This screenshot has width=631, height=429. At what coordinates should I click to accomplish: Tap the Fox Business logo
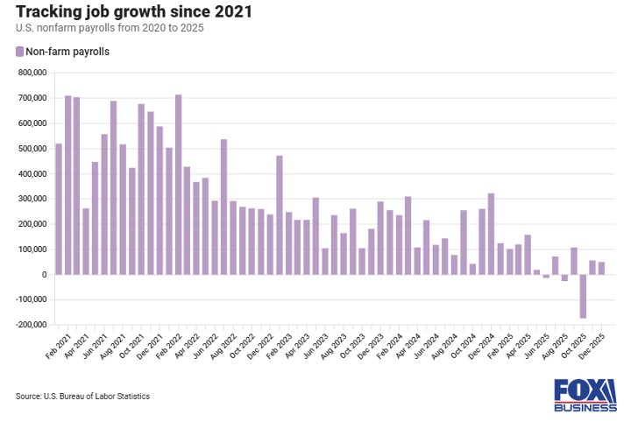tap(585, 396)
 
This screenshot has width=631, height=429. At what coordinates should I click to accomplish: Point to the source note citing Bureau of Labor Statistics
tap(82, 397)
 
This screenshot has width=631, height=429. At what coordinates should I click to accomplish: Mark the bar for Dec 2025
tap(601, 268)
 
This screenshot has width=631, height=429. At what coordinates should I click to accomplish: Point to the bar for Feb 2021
tap(59, 209)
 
